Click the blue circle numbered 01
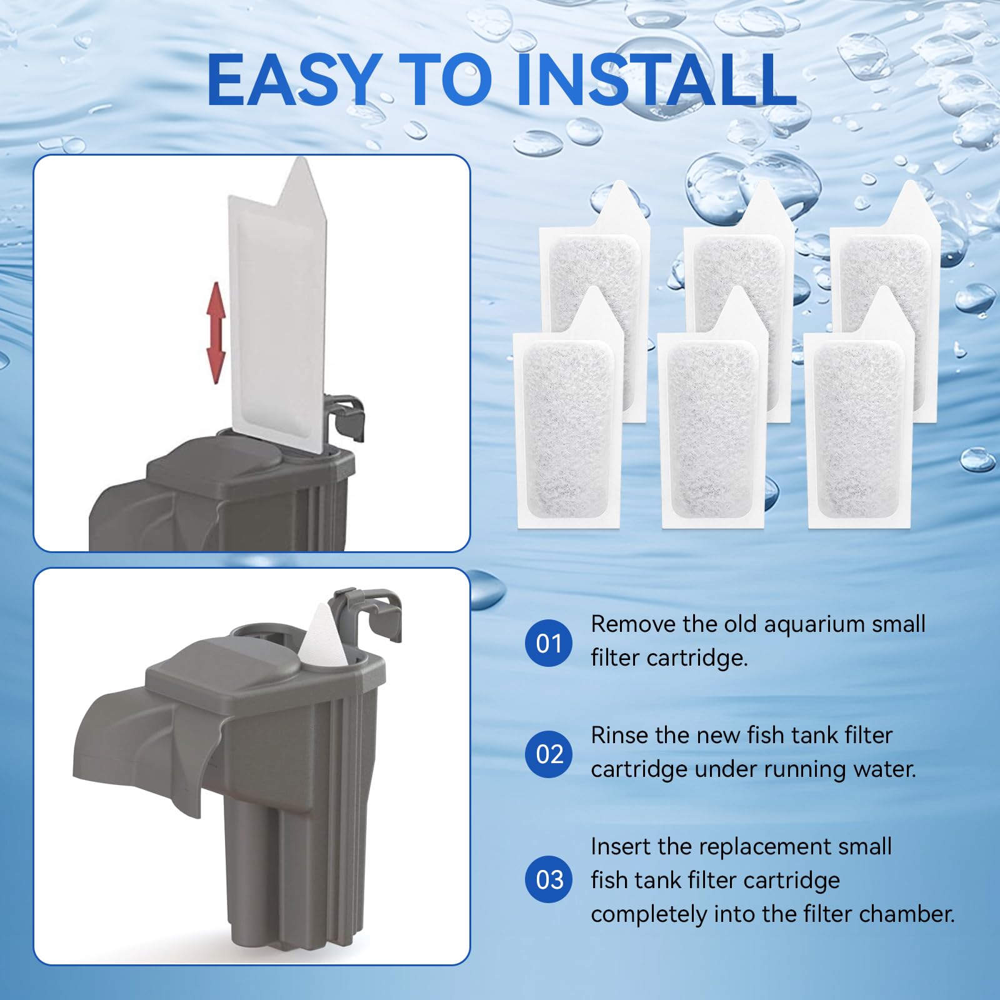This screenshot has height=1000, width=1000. pos(549,643)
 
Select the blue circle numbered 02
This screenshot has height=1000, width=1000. pos(549,754)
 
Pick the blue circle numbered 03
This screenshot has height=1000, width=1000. pos(549,879)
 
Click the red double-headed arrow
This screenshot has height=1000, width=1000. pos(216,332)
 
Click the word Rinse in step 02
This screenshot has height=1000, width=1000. pos(618,735)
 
